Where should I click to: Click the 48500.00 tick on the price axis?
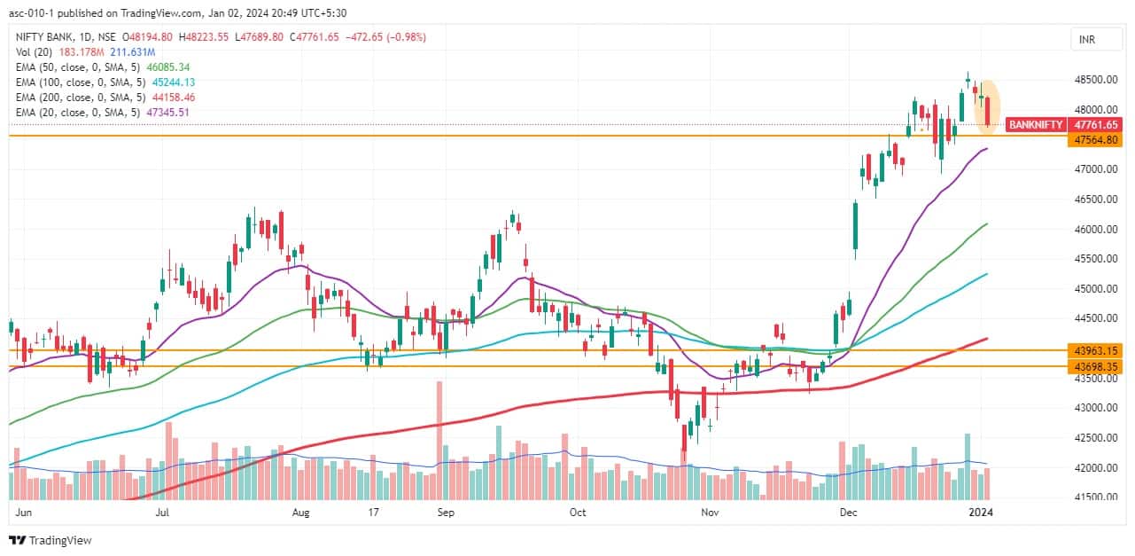coord(1095,80)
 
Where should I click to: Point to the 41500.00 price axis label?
coord(1095,497)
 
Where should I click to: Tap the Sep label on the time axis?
coord(446,512)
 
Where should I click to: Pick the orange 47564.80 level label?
coord(1095,140)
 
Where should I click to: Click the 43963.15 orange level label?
coord(1095,350)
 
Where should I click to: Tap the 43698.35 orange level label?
coord(1095,365)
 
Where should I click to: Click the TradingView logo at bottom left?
coord(51,540)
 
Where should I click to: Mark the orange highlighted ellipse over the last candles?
coord(986,107)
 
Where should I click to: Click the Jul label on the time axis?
coord(163,512)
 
